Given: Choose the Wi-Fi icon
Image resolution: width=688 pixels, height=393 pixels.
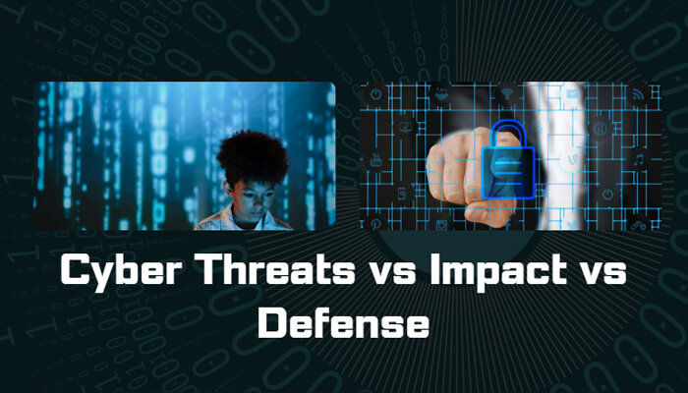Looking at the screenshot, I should pos(507,95).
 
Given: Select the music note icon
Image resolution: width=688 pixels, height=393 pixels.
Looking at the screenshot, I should pos(638,158).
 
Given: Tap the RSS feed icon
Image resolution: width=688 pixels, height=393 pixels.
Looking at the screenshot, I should pos(638,95).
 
